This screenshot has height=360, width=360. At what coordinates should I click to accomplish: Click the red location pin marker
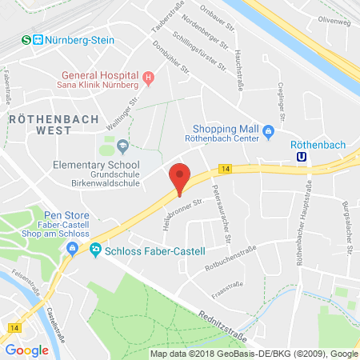pyautogui.click(x=180, y=176)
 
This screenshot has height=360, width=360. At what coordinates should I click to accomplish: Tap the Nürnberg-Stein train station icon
pyautogui.click(x=26, y=38)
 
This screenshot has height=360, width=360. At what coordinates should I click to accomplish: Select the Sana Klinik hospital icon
pyautogui.click(x=148, y=78)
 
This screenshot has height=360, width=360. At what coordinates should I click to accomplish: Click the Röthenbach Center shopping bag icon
pyautogui.click(x=269, y=131)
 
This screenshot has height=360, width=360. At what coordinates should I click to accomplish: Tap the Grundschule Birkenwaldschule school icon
pyautogui.click(x=122, y=146)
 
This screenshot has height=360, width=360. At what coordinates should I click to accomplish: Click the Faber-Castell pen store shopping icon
pyautogui.click(x=73, y=248)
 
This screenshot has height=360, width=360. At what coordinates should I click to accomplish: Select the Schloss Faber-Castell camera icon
pyautogui.click(x=96, y=250)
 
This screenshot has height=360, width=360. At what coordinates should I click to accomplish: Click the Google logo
pyautogui.click(x=27, y=350)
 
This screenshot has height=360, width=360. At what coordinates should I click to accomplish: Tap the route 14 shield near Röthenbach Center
pyautogui.click(x=226, y=168)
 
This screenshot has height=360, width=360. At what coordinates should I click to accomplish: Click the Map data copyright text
pyautogui.click(x=254, y=353)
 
